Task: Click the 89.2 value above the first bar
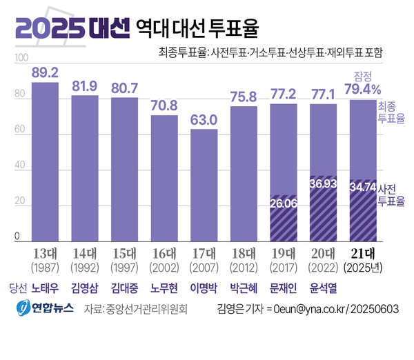[x=46, y=72]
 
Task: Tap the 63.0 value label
[x=204, y=119]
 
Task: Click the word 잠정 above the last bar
[x=363, y=76]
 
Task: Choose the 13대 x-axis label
[x=46, y=252]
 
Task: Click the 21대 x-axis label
[x=363, y=252]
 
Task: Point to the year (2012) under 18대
[x=244, y=266]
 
